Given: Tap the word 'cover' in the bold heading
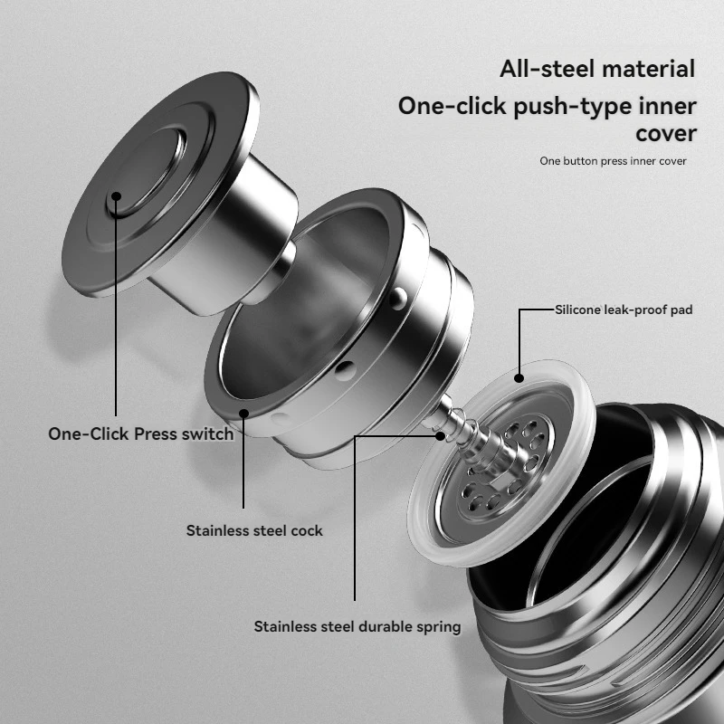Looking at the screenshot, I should pos(664,133).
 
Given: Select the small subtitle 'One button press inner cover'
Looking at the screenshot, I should pos(613,161).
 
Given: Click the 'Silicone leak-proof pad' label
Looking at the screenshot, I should pos(623,310).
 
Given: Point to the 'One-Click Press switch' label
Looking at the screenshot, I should pos(140,433).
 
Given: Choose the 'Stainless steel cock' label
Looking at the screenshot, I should pos(254,530).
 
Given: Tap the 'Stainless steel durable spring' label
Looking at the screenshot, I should pos(357,626).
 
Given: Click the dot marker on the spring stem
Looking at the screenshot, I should pos(441,435).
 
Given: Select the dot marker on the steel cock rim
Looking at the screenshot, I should pos(243,414).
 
